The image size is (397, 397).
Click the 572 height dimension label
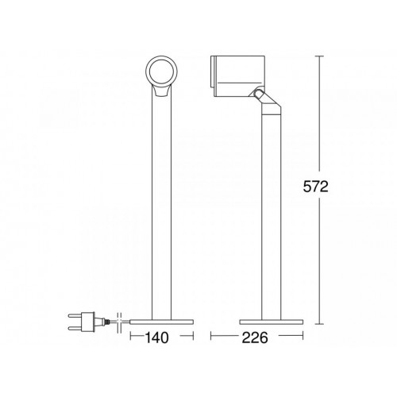[x=315, y=187]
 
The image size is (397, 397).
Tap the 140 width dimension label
[x=156, y=337]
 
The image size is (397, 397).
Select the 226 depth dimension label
[x=255, y=337]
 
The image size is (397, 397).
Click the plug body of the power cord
[x=88, y=322]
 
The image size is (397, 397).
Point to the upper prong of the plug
[x=75, y=316]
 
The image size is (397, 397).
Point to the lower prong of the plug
[x=75, y=328]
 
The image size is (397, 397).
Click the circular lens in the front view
[x=161, y=71]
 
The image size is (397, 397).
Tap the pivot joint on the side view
[x=257, y=93]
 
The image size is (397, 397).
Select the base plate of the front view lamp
[x=161, y=322]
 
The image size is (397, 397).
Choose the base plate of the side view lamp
[x=272, y=322]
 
